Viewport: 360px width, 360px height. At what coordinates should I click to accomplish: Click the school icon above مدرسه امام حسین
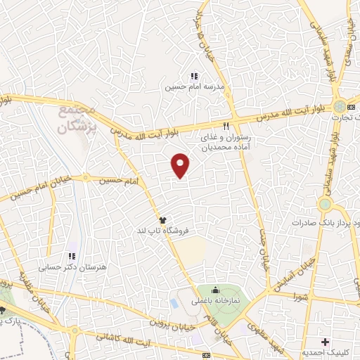(x=194, y=76)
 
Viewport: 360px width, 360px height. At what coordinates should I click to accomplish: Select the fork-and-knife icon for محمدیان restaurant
(x=226, y=126)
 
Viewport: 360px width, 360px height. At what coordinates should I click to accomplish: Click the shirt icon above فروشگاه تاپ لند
(x=162, y=220)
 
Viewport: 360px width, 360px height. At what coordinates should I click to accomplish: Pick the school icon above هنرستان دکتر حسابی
(x=71, y=257)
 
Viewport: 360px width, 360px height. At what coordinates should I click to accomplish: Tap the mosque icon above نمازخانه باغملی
(x=214, y=290)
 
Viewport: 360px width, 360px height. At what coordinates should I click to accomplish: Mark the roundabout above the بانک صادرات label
(x=324, y=204)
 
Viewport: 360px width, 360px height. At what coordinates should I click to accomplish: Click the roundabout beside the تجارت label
(x=340, y=105)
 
